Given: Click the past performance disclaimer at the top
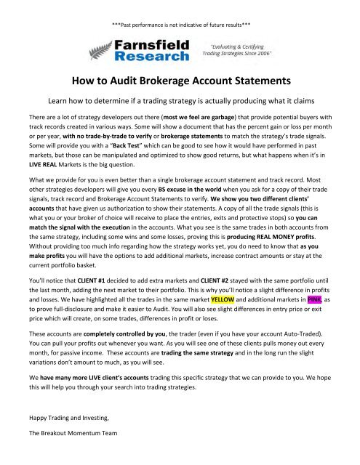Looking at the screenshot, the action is click(179, 7).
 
